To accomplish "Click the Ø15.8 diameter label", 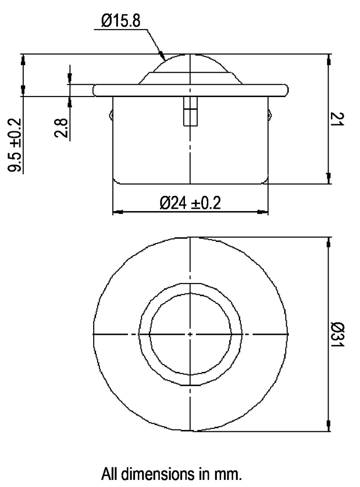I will [x=121, y=21].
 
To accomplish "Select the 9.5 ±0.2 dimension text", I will [x=16, y=146].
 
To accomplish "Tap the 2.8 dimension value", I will [x=61, y=128].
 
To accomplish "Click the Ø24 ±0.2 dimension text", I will [x=190, y=203].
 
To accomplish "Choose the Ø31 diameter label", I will [x=338, y=334].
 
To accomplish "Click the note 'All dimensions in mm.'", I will [x=172, y=474].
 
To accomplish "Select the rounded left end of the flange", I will [x=95, y=90].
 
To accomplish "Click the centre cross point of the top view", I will [x=190, y=334].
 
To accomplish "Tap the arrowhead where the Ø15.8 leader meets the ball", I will [x=163, y=56].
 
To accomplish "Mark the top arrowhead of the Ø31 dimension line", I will [x=328, y=243].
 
